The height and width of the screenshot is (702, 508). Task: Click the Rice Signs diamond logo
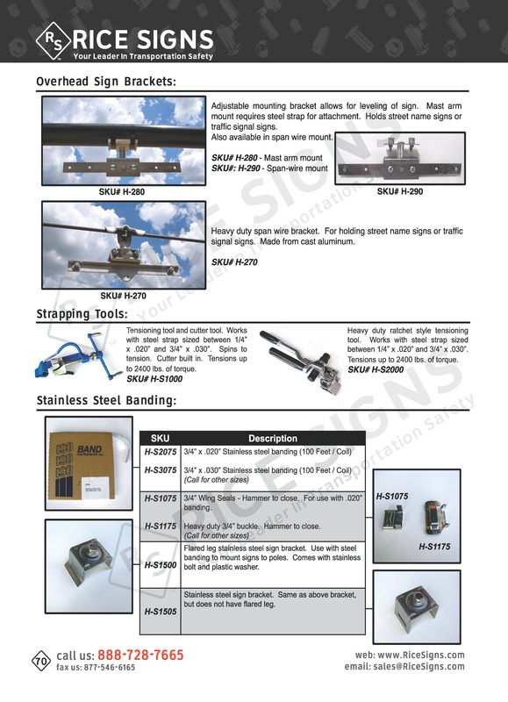[49, 39]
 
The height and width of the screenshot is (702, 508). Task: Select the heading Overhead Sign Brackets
[106, 82]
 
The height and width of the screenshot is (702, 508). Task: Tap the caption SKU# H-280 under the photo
[122, 190]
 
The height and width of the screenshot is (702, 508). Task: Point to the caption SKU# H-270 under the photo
[122, 296]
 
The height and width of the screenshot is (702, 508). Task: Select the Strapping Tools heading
[82, 313]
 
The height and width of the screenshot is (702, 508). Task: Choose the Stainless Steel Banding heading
[107, 401]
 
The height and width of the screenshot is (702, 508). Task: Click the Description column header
[272, 438]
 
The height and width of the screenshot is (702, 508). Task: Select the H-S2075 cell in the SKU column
[161, 453]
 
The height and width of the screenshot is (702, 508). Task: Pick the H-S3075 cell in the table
[161, 470]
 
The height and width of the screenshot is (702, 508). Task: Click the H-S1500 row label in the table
[161, 566]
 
